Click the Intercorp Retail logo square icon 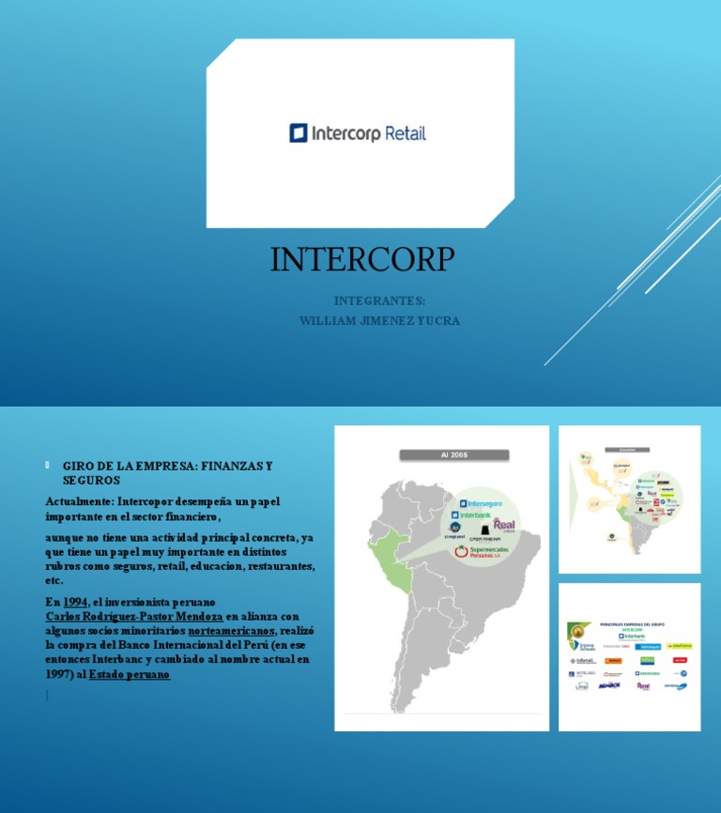pos(299,133)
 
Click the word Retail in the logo pos(404,133)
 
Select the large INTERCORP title pos(362,259)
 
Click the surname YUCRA pos(440,321)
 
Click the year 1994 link pos(75,602)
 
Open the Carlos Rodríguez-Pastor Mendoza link pos(134,617)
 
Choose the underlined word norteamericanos pos(231,631)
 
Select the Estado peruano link pos(130,675)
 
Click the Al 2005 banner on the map pos(455,454)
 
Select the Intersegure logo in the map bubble pos(481,504)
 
